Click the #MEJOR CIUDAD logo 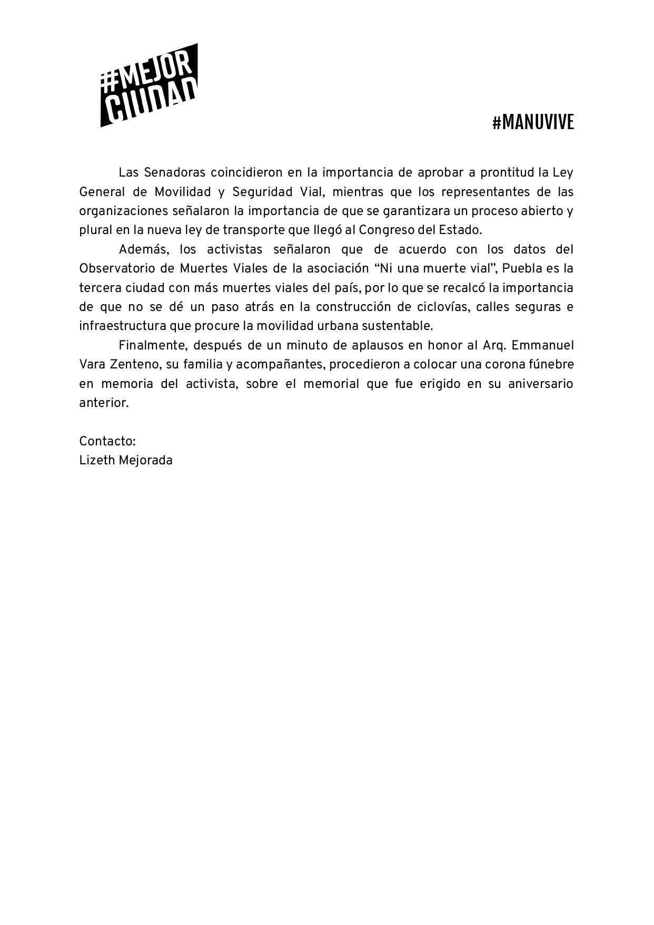149,85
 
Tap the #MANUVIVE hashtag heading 533,123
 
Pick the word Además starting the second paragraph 142,249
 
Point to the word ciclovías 439,307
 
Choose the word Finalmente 152,345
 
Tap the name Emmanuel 542,345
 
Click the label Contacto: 107,441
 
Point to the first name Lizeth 97,460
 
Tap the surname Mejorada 146,460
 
